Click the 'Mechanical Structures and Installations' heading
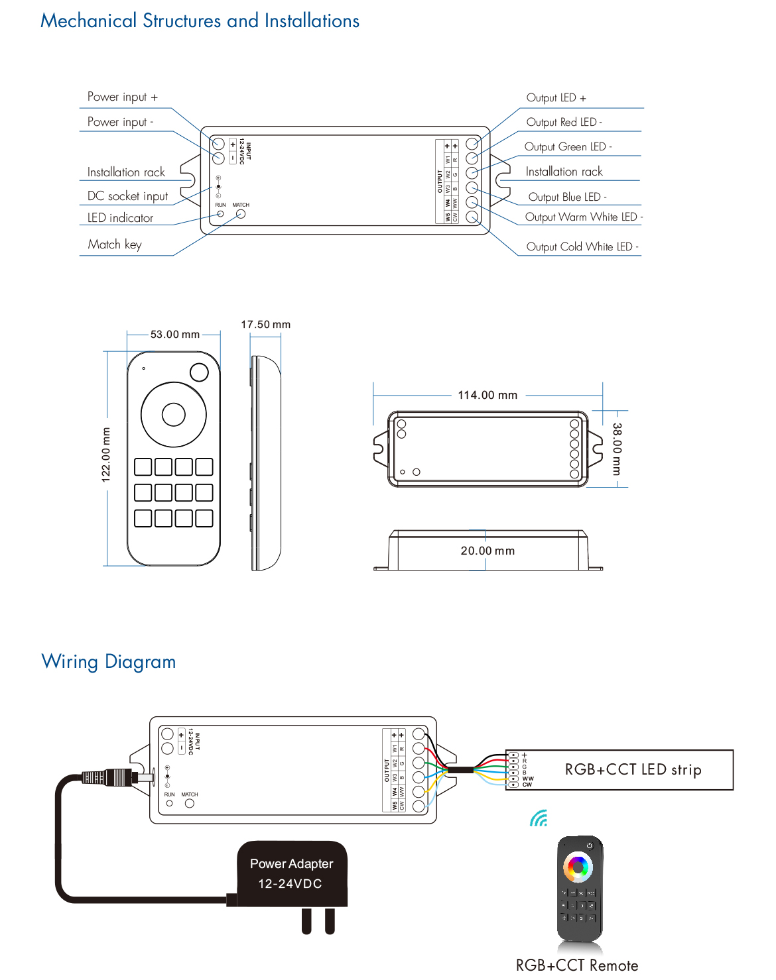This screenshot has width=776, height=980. [200, 21]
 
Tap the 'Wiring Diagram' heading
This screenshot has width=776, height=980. [109, 662]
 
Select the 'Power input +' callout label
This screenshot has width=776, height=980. [123, 97]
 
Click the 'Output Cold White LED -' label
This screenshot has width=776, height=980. [582, 246]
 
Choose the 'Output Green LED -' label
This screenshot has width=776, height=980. [568, 146]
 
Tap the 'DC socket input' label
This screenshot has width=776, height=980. [127, 196]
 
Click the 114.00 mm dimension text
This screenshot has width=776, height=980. [487, 395]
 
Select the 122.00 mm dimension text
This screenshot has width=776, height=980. [106, 455]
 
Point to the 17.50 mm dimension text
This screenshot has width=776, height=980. [265, 325]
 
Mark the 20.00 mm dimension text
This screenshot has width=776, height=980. [487, 551]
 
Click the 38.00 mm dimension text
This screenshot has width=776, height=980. [617, 449]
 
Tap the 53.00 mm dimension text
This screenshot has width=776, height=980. [174, 335]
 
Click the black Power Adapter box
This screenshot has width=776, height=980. [292, 874]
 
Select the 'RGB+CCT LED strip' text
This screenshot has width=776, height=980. [633, 769]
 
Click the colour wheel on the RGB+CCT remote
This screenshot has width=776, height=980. [578, 866]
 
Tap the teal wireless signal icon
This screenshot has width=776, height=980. [539, 819]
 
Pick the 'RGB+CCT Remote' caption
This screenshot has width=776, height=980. [577, 965]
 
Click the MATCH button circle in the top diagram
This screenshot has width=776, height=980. [241, 213]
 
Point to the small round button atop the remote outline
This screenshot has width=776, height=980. [199, 372]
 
